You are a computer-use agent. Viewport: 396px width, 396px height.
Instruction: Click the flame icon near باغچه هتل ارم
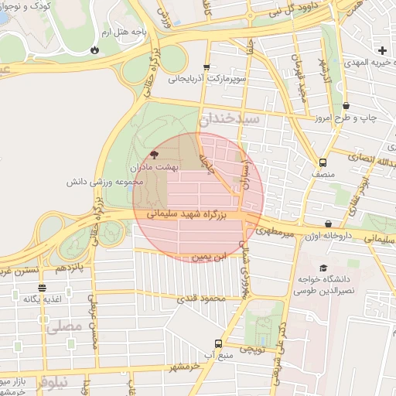click(94, 49)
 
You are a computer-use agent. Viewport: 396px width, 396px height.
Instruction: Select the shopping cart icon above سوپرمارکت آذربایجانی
click(206, 67)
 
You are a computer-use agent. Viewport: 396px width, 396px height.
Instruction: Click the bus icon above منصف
click(323, 163)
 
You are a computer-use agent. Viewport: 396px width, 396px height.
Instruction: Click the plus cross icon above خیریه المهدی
click(382, 50)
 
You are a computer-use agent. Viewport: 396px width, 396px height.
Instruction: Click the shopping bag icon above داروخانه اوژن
click(329, 224)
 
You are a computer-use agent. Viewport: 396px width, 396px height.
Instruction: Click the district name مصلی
click(63, 327)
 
